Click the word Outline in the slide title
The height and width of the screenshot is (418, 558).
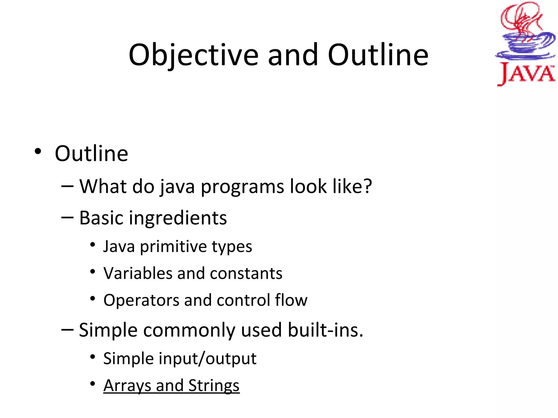coord(378,55)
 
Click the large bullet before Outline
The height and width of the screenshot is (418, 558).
coord(38,151)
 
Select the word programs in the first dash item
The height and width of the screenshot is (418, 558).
coord(242,187)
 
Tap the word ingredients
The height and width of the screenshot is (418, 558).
coord(178,218)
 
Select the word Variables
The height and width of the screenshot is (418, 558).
coord(138,273)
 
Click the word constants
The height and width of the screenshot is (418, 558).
coord(246,273)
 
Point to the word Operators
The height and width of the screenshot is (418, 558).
coord(141,300)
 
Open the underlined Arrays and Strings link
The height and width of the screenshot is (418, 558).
coord(171,386)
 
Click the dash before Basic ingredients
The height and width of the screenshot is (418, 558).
coord(67,218)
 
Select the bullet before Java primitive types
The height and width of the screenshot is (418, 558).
coord(93,245)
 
